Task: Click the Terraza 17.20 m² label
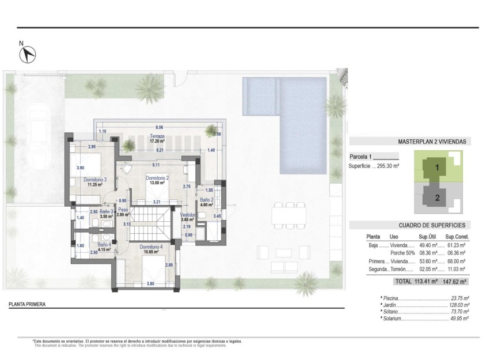click(x=157, y=139)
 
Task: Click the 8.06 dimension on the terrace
click(x=159, y=127)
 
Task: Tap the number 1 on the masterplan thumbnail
click(x=437, y=168)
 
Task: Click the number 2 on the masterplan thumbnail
click(x=437, y=198)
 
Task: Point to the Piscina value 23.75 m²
click(x=460, y=298)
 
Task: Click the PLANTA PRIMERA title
click(x=27, y=304)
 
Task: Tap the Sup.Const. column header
click(x=458, y=236)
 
